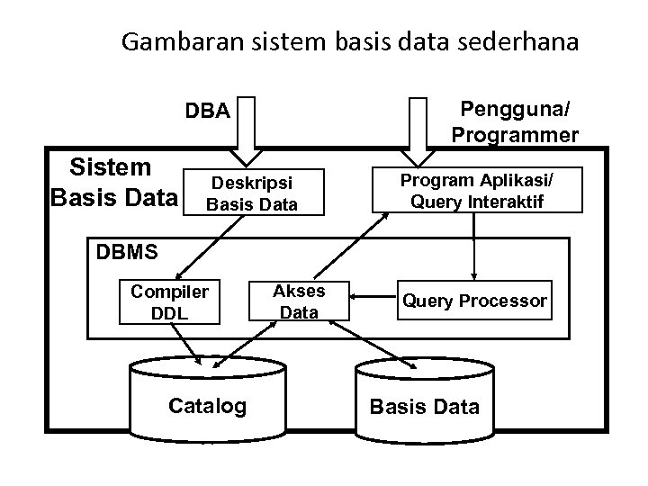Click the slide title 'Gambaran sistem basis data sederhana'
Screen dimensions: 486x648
[x=350, y=42]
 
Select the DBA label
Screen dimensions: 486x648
[x=208, y=111]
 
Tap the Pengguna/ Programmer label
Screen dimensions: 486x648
[x=515, y=122]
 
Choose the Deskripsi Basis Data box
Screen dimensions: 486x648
[x=252, y=193]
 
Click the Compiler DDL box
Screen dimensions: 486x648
[x=169, y=301]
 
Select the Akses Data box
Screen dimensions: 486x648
[x=299, y=301]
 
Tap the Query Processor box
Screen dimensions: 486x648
[x=474, y=301]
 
